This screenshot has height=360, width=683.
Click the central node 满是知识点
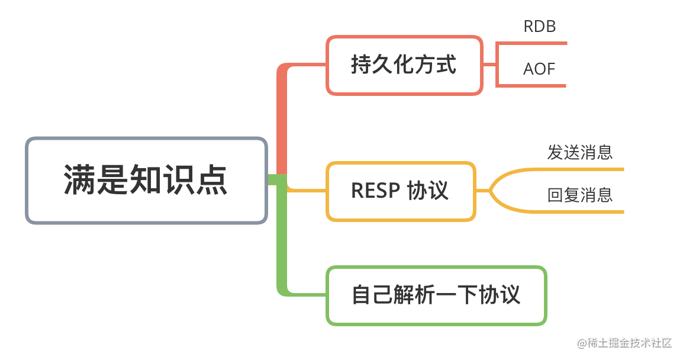[x=146, y=181]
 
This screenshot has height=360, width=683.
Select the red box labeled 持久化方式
[x=404, y=65]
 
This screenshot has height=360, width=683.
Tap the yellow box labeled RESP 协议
[x=401, y=191]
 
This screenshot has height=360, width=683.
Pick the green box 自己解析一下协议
[x=436, y=295]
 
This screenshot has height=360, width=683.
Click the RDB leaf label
[x=539, y=27]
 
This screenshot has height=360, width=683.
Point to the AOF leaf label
[x=539, y=69]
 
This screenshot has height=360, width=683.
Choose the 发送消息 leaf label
[x=580, y=153]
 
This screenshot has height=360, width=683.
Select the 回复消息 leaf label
[x=580, y=195]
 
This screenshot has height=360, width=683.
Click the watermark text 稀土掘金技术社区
[x=629, y=343]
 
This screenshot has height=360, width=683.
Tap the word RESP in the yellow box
[x=375, y=191]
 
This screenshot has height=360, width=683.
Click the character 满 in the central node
[x=80, y=179]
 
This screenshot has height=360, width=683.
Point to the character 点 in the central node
[x=212, y=179]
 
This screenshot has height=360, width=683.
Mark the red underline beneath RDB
[x=532, y=43]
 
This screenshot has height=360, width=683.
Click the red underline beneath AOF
[x=532, y=86]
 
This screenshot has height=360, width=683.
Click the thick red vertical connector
[x=282, y=120]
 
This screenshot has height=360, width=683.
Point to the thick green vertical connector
[x=282, y=235]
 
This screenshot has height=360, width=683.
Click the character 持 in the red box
[x=362, y=65]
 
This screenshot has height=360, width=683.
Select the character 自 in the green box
[x=362, y=295]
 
